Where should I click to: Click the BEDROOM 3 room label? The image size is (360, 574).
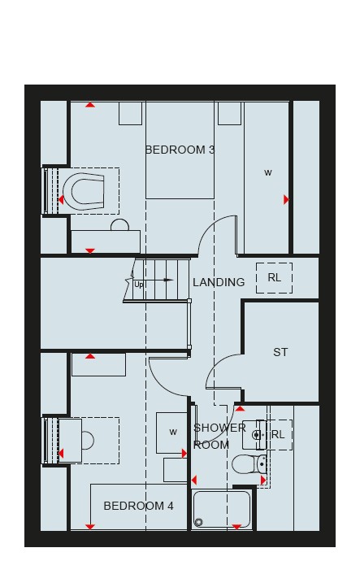[180, 150]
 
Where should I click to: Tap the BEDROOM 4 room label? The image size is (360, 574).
[138, 506]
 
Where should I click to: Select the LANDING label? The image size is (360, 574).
[219, 282]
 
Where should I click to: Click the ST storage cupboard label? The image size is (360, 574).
[280, 352]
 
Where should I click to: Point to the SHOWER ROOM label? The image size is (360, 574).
[219, 437]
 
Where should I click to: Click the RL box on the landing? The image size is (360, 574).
[274, 278]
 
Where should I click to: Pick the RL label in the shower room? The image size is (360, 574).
[278, 434]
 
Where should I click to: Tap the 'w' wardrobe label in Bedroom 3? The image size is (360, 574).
[268, 172]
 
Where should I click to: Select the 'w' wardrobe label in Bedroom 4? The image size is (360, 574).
[173, 432]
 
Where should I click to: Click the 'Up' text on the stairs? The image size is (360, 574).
[139, 285]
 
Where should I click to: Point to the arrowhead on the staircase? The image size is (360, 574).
[168, 280]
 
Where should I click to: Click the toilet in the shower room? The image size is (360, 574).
[249, 464]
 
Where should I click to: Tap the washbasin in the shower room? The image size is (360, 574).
[254, 435]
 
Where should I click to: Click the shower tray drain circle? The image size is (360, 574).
[198, 522]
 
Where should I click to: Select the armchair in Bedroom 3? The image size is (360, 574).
[84, 191]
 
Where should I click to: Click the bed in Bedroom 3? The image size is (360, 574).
[180, 150]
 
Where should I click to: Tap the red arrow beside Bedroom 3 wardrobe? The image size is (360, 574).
[286, 199]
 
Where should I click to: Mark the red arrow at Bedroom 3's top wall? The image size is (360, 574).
[90, 105]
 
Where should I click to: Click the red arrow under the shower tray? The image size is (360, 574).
[236, 527]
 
